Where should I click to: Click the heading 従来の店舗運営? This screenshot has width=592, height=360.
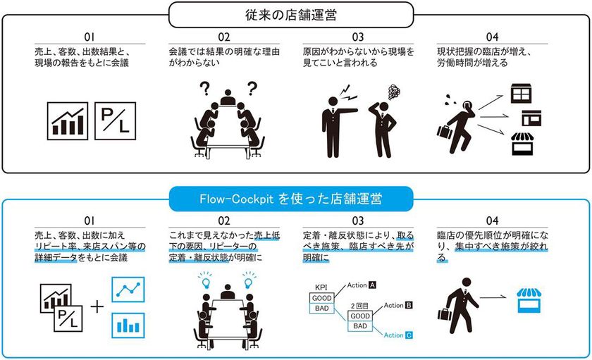point(295,12)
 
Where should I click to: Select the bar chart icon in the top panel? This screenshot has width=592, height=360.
point(68,120)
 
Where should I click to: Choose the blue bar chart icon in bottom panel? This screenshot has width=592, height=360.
point(128,324)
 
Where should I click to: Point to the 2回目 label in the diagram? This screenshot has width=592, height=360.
point(359,305)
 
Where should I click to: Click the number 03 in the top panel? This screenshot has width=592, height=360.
point(360,37)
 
